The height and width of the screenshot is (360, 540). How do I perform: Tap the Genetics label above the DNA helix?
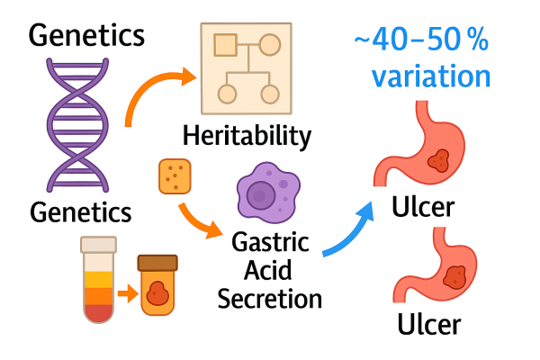click(x=86, y=35)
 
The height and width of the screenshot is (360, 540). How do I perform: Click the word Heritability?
click(x=247, y=137)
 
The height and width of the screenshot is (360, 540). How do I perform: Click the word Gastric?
click(x=270, y=243)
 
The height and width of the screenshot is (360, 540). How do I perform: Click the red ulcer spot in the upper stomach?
click(x=439, y=161)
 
